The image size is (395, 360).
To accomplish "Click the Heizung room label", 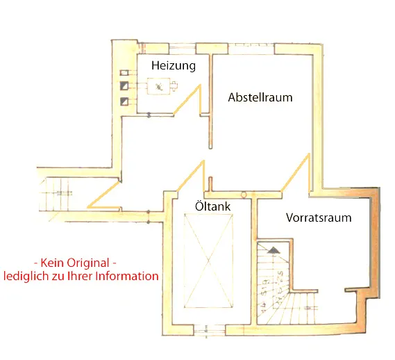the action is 174,65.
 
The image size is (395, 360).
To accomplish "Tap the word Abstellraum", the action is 260,97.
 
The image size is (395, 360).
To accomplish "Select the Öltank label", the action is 212,206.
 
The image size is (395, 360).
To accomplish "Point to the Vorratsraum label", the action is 319,218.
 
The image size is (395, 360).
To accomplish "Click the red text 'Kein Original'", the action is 75,263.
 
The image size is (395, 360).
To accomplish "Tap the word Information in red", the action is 127,276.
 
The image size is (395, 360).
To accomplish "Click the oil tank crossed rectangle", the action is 208,261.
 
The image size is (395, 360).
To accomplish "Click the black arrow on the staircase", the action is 273,250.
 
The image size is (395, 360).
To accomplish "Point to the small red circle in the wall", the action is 244,195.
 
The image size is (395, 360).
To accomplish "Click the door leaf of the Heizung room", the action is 187,100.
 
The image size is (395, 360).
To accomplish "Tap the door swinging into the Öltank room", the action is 190,176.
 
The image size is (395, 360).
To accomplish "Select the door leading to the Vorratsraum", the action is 295,172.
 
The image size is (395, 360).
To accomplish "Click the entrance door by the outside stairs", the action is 104,195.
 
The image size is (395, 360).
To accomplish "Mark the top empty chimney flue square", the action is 124,73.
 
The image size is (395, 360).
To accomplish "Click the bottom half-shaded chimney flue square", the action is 124,101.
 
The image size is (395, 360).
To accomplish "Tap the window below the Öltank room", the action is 210,330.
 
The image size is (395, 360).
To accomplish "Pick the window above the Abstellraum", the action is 251,49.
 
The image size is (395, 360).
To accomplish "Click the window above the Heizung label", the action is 183,49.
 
